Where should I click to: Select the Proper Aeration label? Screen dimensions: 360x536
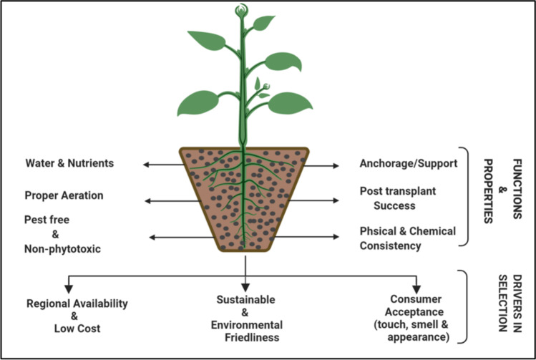pos(64,195)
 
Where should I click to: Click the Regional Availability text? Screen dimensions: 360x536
pos(77,303)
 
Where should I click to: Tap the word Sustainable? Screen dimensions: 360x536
pos(245,298)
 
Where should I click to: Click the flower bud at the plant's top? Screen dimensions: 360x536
pos(240,11)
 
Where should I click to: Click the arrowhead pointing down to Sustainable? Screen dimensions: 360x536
pos(245,283)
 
